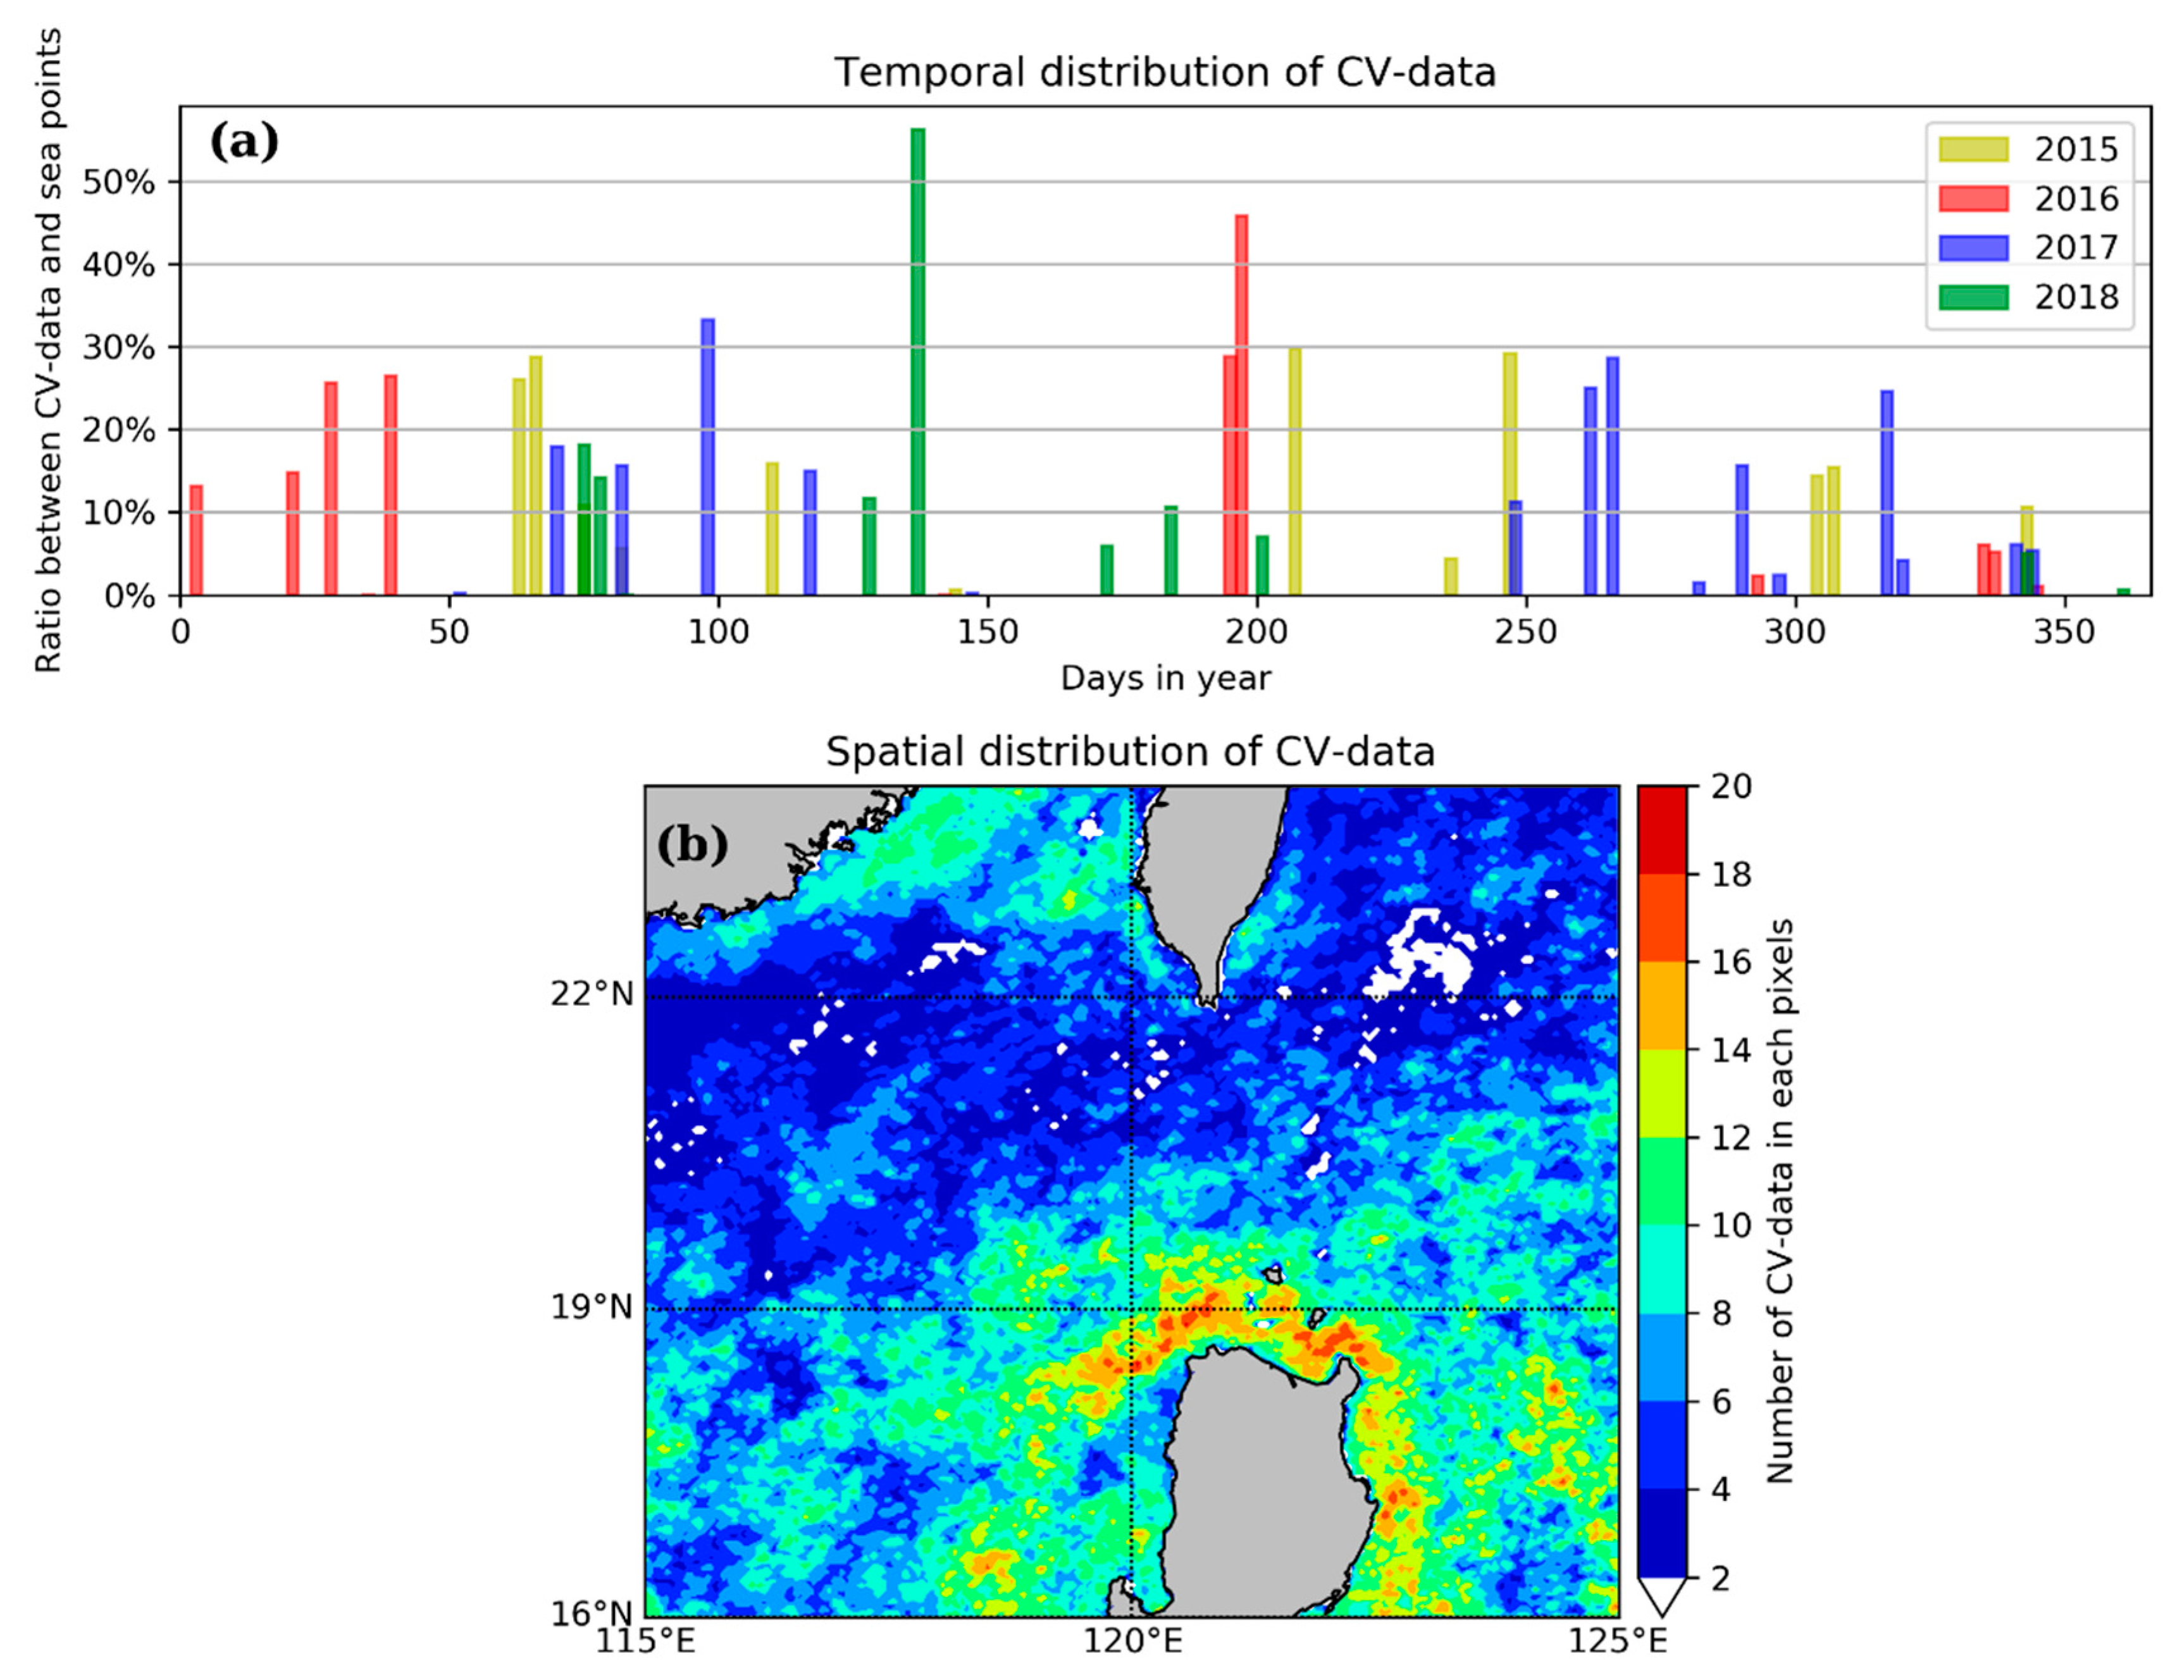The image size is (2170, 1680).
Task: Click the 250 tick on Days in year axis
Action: (x=1525, y=632)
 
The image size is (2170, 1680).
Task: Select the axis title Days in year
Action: (x=1165, y=679)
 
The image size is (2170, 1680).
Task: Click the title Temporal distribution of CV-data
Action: (x=1165, y=73)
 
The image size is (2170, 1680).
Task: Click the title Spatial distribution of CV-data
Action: (x=1130, y=752)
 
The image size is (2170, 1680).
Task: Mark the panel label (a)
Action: (x=244, y=143)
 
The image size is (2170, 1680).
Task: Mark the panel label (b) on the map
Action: (x=691, y=846)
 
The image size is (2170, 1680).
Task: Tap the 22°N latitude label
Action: (x=592, y=994)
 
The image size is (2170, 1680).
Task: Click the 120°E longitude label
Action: (x=1132, y=1641)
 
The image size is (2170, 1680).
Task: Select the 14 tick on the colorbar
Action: (x=1730, y=1050)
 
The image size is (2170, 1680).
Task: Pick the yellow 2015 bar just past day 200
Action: (x=1294, y=472)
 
